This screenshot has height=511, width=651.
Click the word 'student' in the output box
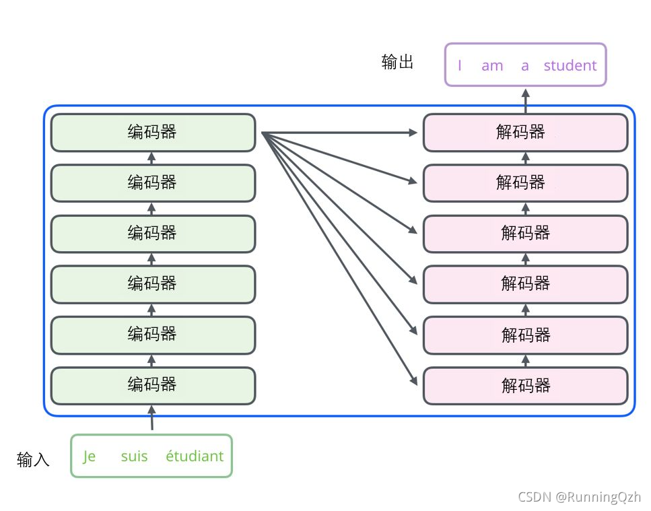(x=570, y=65)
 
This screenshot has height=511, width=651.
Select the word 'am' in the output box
(x=492, y=66)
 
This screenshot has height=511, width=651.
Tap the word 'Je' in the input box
(x=90, y=456)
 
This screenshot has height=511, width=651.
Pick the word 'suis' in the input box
(x=134, y=456)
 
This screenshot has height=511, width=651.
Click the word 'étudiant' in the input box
(x=195, y=456)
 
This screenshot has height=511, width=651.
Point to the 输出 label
(x=397, y=61)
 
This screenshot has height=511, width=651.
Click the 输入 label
(x=33, y=460)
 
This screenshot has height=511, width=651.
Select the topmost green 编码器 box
(x=153, y=133)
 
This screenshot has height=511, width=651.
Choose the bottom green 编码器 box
(x=153, y=386)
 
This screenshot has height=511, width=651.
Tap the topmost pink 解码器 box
(x=526, y=133)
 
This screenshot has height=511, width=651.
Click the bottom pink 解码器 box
(x=526, y=386)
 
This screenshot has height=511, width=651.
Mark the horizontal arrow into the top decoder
(x=339, y=133)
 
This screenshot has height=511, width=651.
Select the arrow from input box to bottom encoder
(x=152, y=418)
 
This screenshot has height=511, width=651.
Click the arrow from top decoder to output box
(x=526, y=101)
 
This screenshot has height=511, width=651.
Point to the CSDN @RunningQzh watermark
(x=580, y=497)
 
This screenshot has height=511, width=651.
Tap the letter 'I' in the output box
(x=460, y=65)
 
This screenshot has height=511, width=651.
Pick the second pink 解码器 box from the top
(x=526, y=183)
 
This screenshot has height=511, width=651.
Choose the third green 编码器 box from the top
(x=153, y=234)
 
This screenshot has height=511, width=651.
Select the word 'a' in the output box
(x=525, y=66)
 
